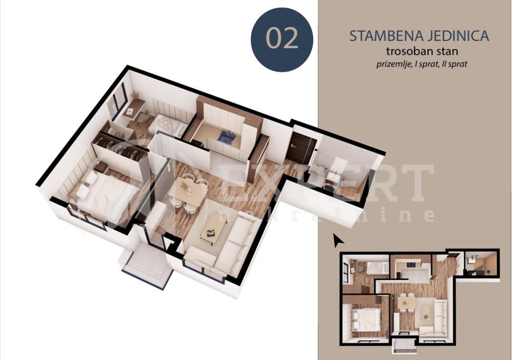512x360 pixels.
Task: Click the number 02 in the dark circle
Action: click(282, 39)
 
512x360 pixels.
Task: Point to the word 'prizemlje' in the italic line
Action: click(393, 65)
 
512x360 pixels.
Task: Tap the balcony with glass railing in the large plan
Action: click(145, 266)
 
